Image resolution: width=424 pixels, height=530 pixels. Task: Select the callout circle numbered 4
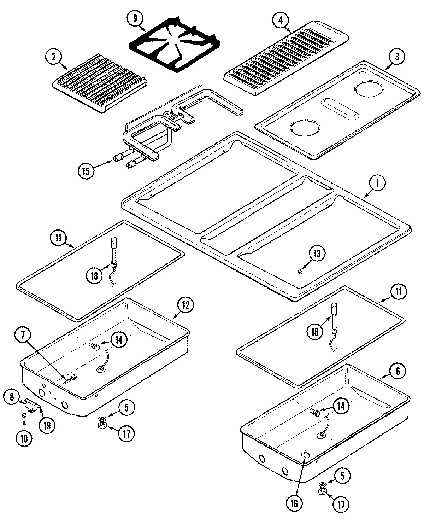280,20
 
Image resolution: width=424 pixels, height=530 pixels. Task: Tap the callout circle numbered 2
54,57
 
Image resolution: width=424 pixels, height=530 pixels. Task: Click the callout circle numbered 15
86,171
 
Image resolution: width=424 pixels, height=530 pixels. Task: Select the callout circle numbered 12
185,305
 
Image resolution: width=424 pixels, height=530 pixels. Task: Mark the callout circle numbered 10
24,438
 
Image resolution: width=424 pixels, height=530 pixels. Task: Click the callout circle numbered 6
398,372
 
